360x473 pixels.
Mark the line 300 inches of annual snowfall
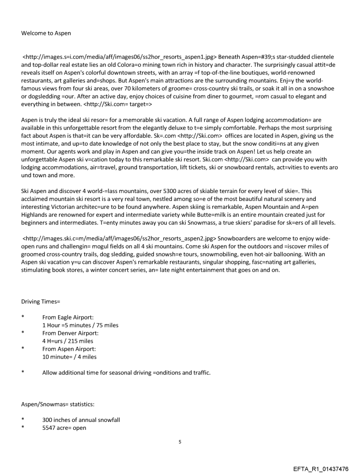[81, 420]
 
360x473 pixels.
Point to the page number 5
[180, 441]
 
